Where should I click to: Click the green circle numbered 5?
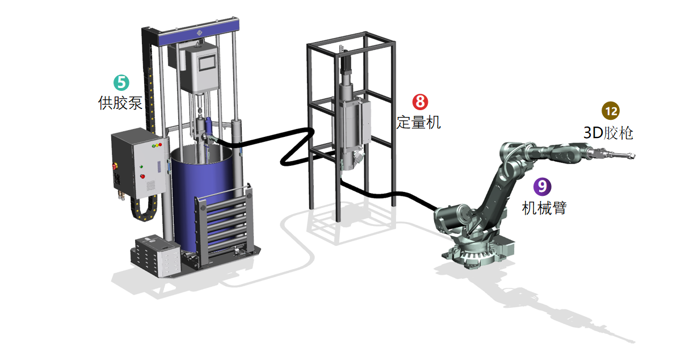121,82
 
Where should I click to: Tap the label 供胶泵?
120,103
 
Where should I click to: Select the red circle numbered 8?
420,102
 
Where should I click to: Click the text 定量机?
419,122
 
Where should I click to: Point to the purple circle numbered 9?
543,186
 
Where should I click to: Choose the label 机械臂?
544,208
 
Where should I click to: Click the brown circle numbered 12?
611,111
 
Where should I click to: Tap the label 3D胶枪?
608,133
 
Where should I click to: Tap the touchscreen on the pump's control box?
207,62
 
